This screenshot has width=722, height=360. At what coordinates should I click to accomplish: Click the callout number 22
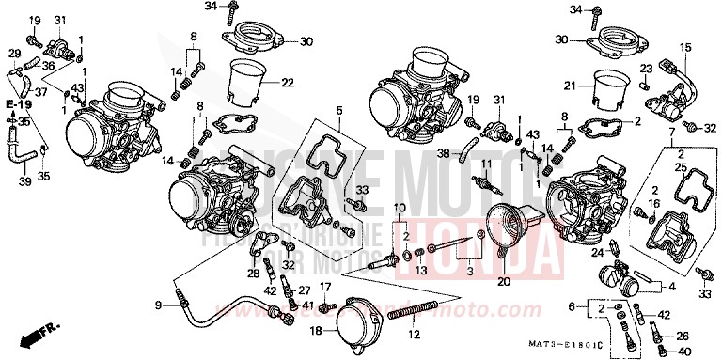tap(288, 84)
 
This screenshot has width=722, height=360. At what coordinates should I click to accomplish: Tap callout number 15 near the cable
tap(685, 47)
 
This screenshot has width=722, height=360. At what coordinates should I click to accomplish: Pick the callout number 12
tap(411, 333)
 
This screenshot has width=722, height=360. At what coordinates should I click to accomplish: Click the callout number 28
tap(253, 274)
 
